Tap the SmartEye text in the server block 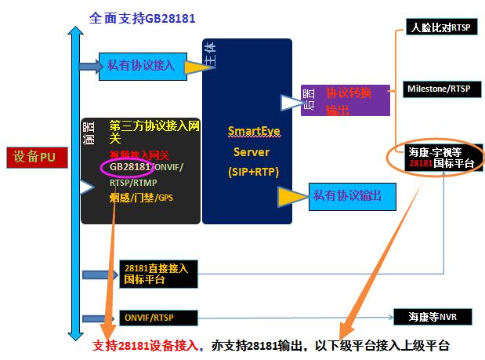pyautogui.click(x=248, y=131)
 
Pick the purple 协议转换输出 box pyautogui.click(x=346, y=100)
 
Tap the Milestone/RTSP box pyautogui.click(x=438, y=89)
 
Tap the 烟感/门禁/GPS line pyautogui.click(x=141, y=198)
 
